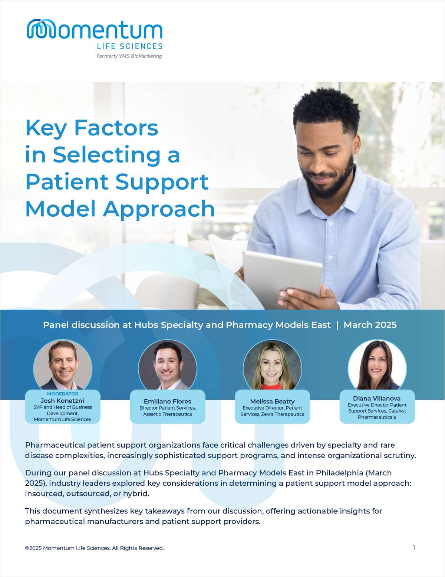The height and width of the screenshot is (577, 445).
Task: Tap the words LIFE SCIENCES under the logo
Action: (129, 46)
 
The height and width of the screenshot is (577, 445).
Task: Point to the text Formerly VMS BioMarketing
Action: (129, 56)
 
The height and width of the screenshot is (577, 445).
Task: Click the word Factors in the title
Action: (116, 128)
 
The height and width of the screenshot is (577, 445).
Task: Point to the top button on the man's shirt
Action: (331, 224)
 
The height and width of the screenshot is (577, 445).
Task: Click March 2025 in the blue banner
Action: (370, 325)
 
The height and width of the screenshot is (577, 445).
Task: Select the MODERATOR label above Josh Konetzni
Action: (63, 394)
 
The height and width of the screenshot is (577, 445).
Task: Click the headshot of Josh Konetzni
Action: (63, 365)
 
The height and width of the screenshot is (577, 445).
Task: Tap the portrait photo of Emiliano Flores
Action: (168, 365)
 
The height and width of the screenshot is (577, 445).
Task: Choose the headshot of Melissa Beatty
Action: (273, 365)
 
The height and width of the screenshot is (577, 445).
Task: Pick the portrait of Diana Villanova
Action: (377, 365)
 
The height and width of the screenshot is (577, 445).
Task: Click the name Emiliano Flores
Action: (168, 401)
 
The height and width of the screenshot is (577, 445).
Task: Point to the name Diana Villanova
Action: (376, 398)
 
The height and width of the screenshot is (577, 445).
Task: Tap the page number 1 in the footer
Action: (414, 548)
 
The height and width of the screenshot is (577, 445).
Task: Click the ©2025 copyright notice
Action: (94, 548)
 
